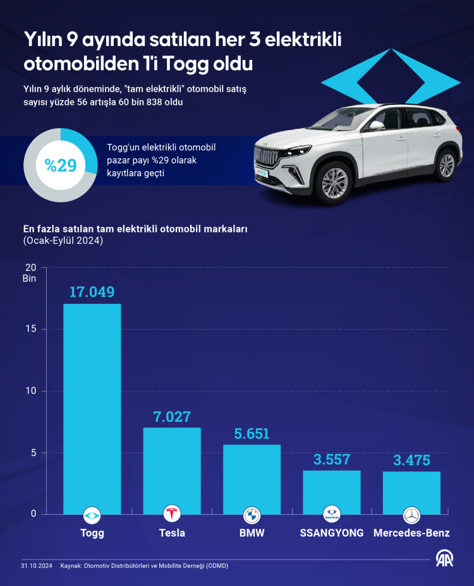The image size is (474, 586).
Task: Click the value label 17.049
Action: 92,292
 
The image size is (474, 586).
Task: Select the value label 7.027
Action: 172,417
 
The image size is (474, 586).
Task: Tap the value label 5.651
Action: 252,434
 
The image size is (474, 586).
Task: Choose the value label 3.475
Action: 411,460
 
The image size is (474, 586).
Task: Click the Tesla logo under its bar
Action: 172,514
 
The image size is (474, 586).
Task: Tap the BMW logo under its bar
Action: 252,514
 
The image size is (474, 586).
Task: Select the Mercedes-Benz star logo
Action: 411,515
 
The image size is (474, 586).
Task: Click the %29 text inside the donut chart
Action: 61,165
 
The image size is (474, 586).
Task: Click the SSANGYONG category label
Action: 331,533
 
